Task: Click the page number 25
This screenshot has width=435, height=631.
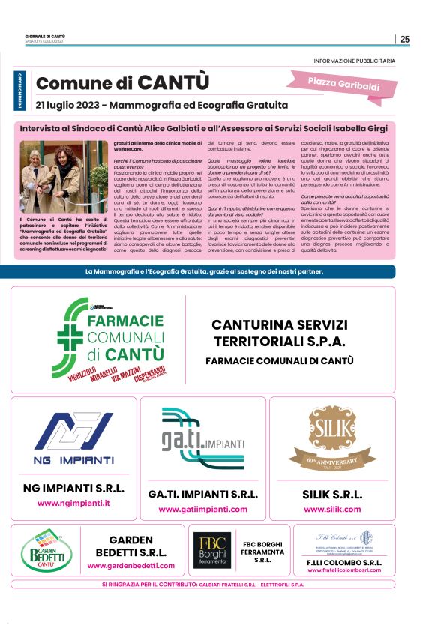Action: (x=405, y=40)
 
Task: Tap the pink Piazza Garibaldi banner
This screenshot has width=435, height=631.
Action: (x=343, y=83)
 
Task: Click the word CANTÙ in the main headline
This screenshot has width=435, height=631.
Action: (x=172, y=83)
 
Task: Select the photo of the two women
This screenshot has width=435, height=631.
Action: (x=53, y=177)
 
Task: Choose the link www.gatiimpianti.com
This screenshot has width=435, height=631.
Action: (x=203, y=509)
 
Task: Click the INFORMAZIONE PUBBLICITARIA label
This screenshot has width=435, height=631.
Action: (x=361, y=60)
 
